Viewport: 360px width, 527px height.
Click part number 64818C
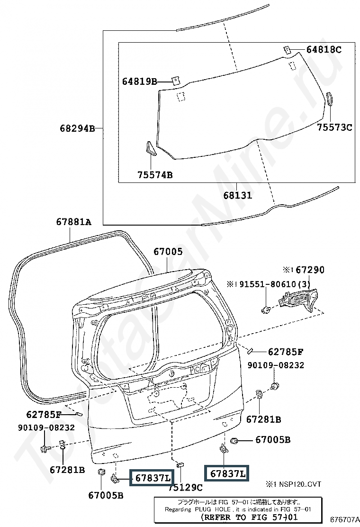tap(324, 50)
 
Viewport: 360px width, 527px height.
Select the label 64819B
tap(139, 82)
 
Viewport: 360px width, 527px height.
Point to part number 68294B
tap(78, 128)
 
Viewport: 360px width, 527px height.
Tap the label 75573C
tap(335, 127)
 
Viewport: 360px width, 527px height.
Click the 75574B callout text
tap(155, 175)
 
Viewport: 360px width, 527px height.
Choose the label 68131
tap(238, 195)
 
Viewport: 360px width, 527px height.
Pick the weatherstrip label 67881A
tap(73, 222)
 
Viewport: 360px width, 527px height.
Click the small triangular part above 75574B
tap(151, 148)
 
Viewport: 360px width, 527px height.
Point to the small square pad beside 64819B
tap(176, 81)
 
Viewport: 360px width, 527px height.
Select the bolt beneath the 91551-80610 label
tap(266, 309)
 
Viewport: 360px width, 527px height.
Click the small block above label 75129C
tap(180, 465)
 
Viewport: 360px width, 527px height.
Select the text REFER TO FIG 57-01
tap(249, 517)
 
